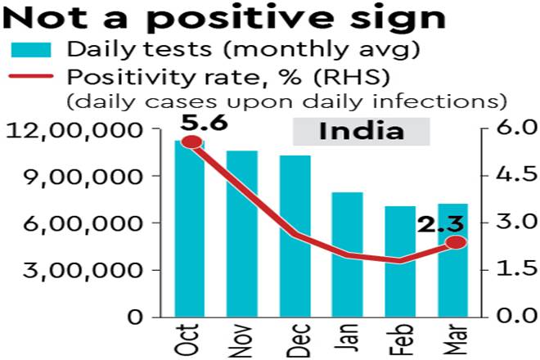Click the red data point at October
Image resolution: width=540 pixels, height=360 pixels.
coord(191,142)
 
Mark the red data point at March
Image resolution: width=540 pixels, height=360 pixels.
coord(457,242)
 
